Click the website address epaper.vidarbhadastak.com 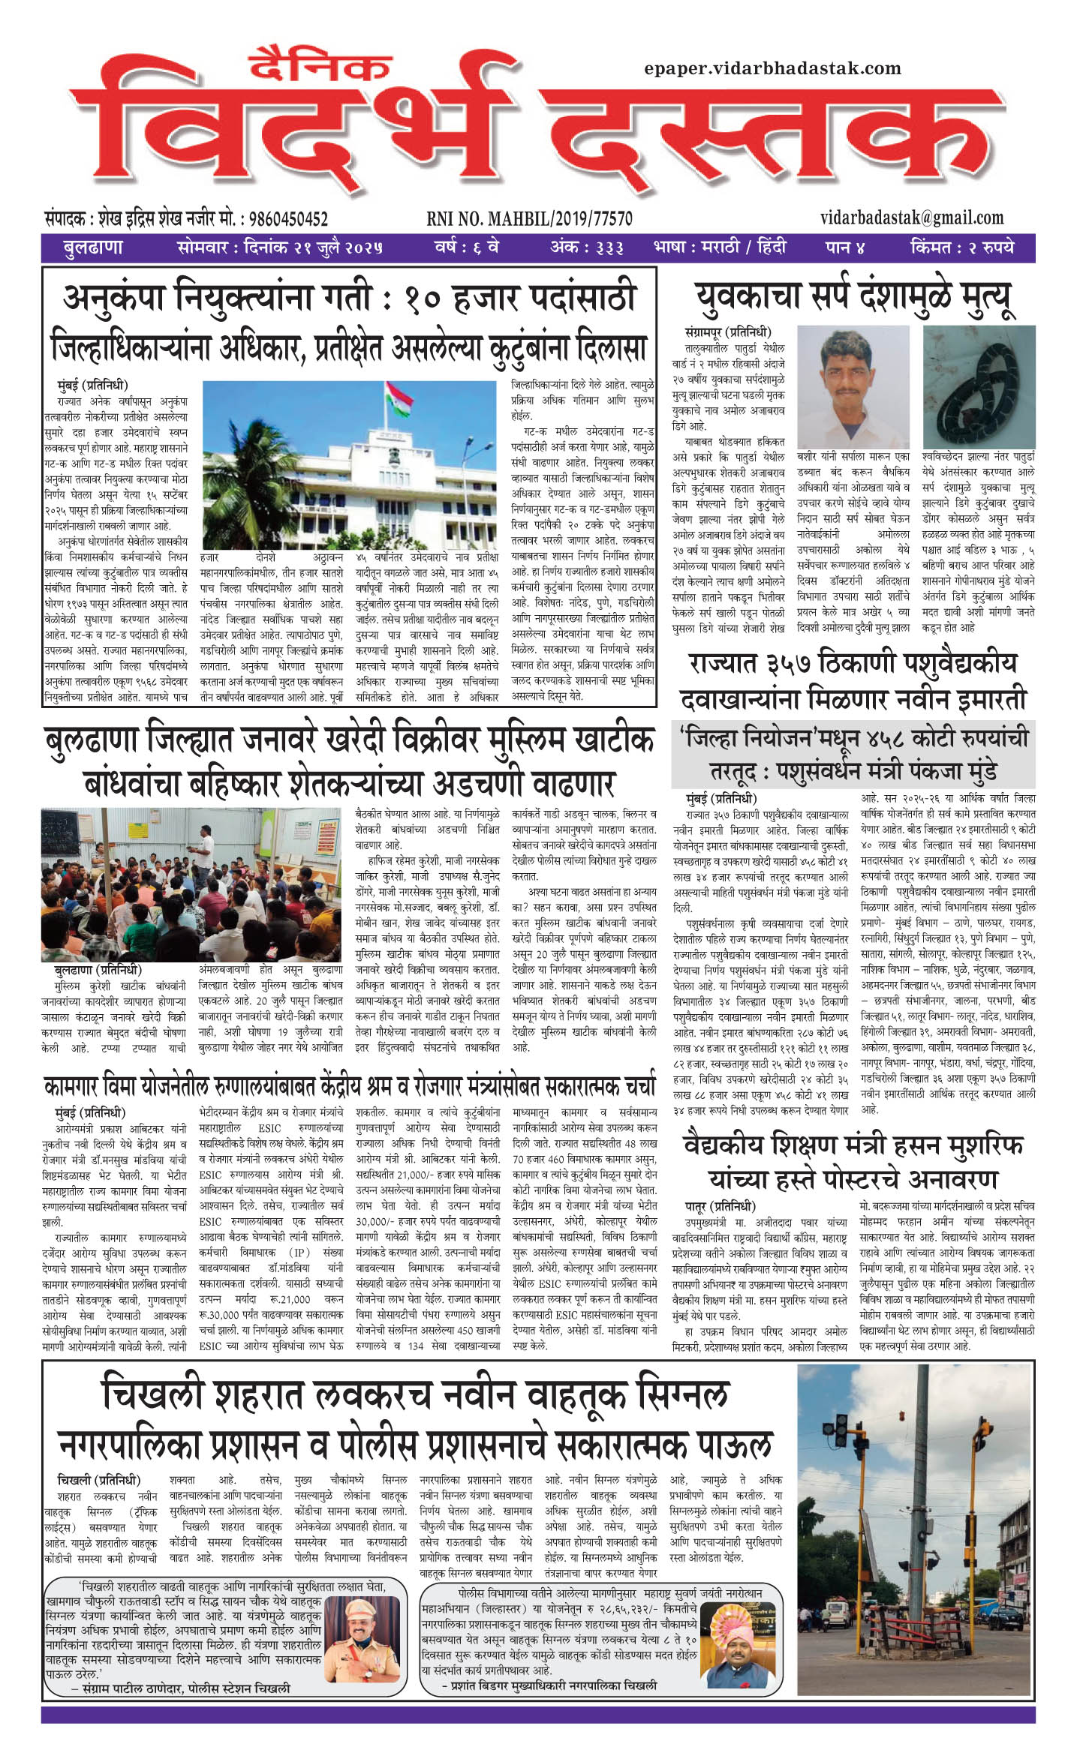pos(772,68)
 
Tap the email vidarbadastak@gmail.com pos(911,218)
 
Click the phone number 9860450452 pos(288,219)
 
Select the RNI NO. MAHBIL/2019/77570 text pos(529,219)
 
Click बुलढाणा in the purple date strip pos(93,248)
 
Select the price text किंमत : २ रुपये pos(961,247)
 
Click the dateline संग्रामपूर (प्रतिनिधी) pos(727,332)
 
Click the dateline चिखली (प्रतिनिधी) pos(98,1480)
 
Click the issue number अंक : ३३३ pos(586,247)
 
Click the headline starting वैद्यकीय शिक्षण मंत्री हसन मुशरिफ pos(853,1146)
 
